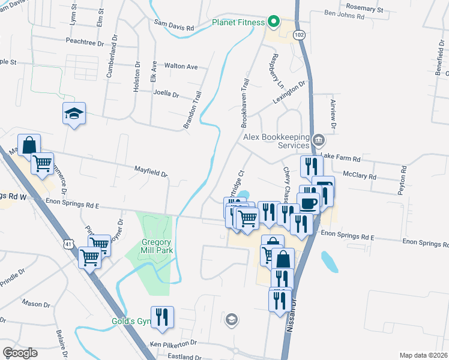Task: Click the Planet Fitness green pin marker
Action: point(274,22)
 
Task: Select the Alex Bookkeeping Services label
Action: point(276,141)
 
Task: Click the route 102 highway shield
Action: point(299,35)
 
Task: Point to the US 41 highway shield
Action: point(70,245)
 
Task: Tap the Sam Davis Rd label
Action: point(174,28)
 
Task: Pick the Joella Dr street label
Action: point(167,94)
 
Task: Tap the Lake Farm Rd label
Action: point(340,158)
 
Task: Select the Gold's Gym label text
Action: point(131,321)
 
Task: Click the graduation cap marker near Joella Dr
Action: point(74,113)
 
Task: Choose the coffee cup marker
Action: point(309,203)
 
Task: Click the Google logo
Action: point(20,352)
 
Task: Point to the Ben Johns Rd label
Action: point(344,17)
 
